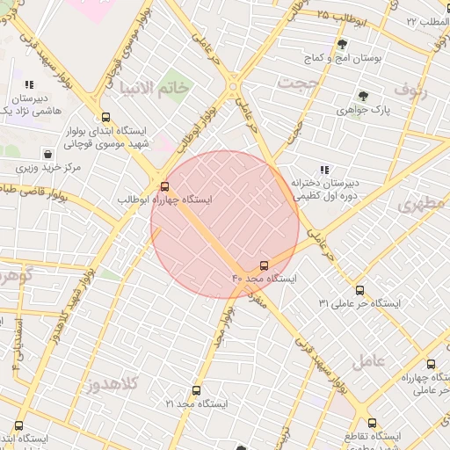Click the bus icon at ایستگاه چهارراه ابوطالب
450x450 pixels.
(164, 185)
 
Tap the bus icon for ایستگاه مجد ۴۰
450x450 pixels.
(265, 265)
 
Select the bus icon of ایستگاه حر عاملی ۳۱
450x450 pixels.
(359, 289)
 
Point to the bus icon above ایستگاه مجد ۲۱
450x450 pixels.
(195, 390)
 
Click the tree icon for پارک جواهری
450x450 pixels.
(362, 96)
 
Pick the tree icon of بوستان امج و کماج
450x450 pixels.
(343, 43)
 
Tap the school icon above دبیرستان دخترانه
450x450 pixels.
(324, 170)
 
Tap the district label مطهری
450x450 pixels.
(421, 205)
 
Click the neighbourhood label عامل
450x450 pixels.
(369, 360)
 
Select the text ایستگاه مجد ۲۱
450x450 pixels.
(196, 403)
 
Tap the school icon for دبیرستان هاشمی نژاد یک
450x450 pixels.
(29, 85)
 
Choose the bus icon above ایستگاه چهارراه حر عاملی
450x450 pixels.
(431, 364)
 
